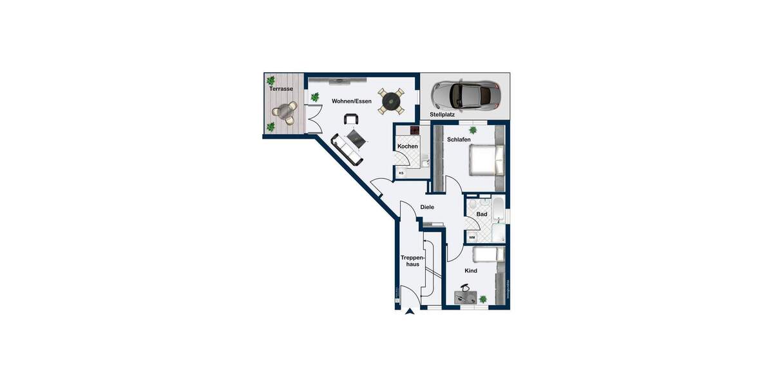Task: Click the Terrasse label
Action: [282, 89]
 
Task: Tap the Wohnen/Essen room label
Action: [352, 101]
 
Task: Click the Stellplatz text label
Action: [443, 115]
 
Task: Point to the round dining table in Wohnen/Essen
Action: [391, 101]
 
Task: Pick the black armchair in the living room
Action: [351, 119]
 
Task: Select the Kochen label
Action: [408, 146]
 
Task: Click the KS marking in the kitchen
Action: [401, 173]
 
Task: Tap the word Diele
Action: [427, 207]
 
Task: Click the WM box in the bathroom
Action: [472, 237]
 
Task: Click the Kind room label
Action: [471, 271]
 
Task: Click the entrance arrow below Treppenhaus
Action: [409, 313]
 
